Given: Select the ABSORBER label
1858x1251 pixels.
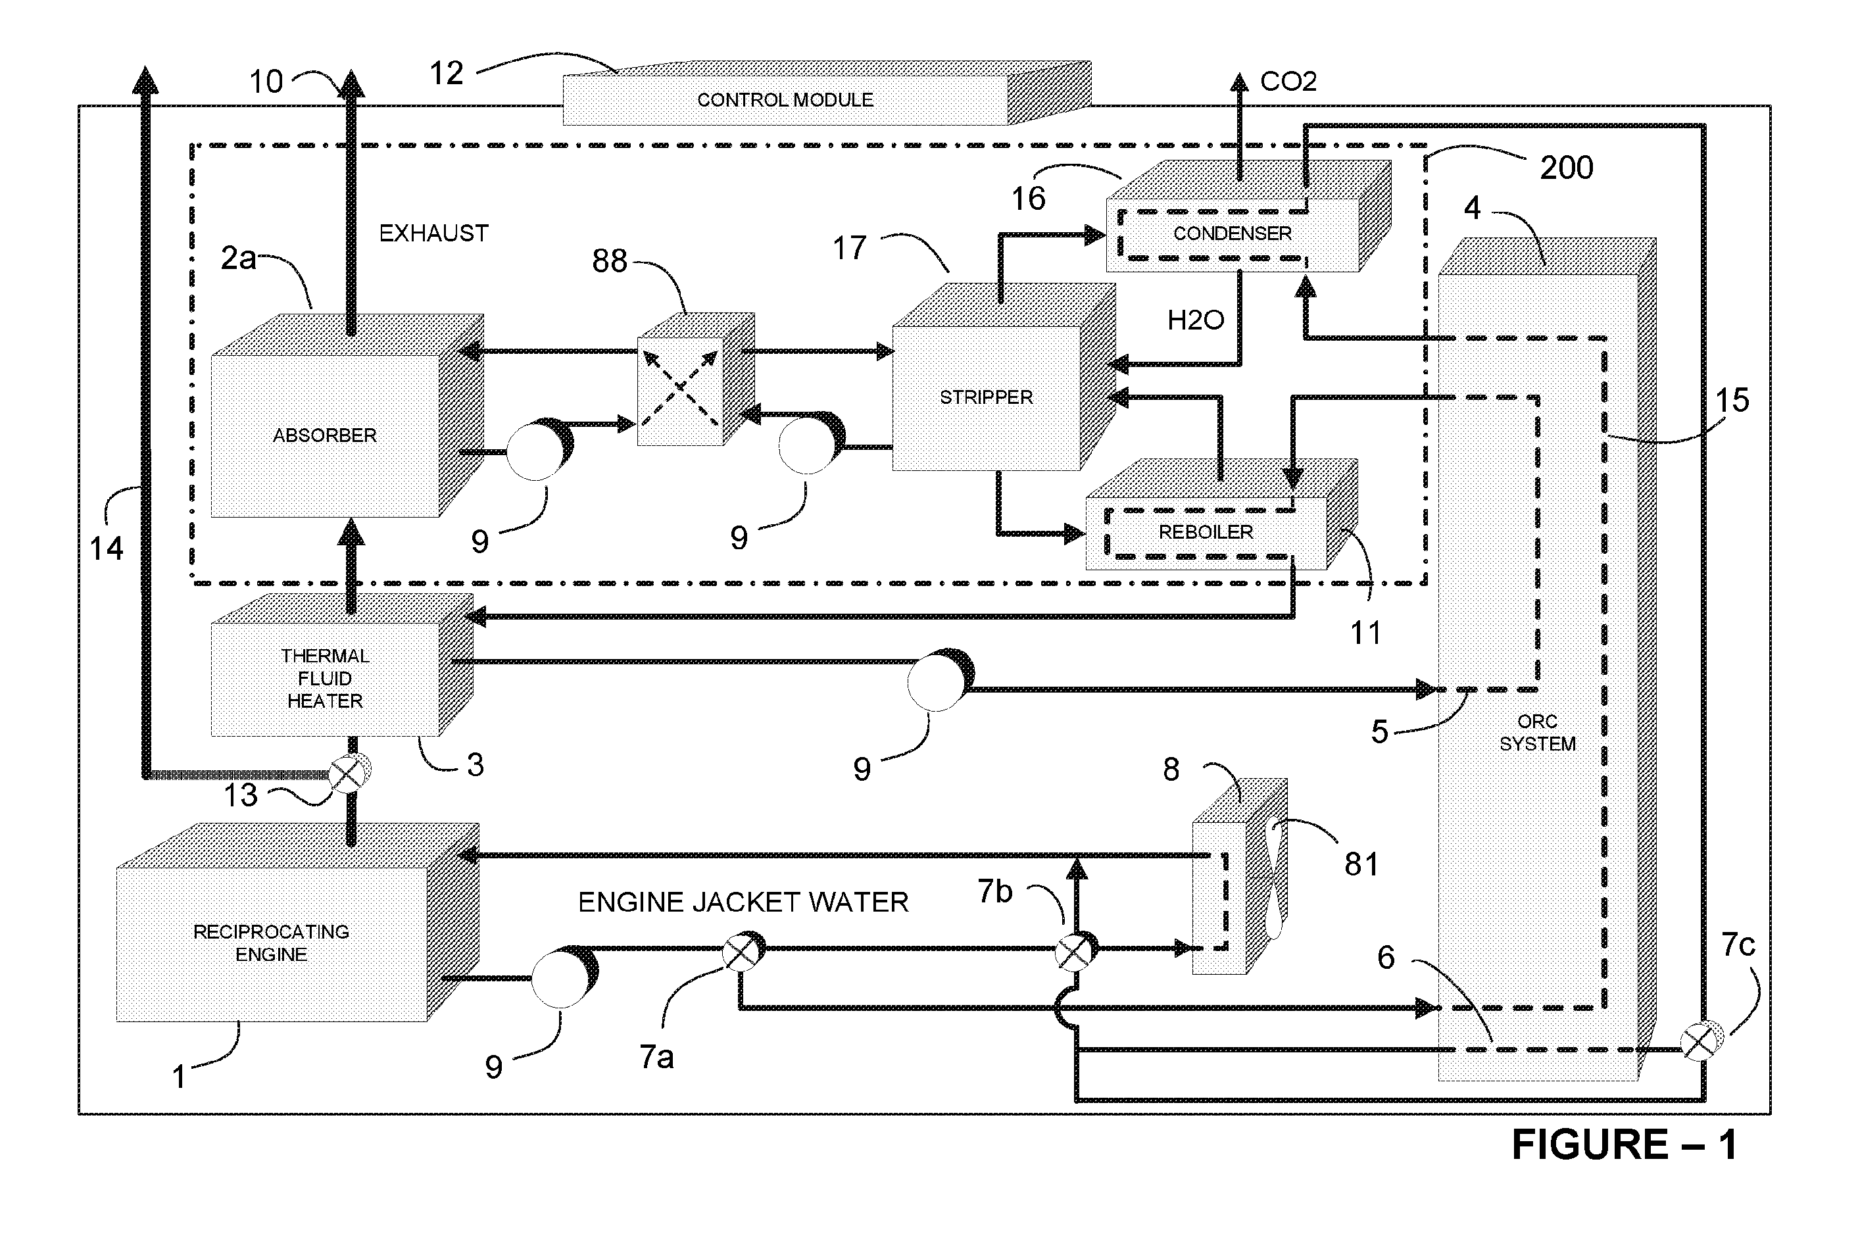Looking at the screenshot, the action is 325,435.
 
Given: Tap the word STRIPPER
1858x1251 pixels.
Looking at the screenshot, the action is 986,397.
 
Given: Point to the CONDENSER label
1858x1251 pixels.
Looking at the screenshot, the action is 1232,233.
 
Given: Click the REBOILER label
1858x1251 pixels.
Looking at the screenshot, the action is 1206,532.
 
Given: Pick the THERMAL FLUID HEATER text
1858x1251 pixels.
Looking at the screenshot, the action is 325,678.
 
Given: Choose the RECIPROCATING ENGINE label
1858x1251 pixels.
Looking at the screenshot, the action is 271,943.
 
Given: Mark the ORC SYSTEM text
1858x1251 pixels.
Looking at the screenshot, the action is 1537,733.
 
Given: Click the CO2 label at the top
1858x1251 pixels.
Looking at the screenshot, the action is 1288,82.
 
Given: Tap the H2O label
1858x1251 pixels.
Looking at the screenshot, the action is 1195,320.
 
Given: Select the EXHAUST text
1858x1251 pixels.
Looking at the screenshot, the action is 433,233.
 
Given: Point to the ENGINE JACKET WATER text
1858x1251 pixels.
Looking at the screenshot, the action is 743,902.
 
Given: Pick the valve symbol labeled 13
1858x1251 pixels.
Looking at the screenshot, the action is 349,773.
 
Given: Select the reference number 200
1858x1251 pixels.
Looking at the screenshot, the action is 1566,168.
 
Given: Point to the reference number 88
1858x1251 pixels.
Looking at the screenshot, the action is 610,261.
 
